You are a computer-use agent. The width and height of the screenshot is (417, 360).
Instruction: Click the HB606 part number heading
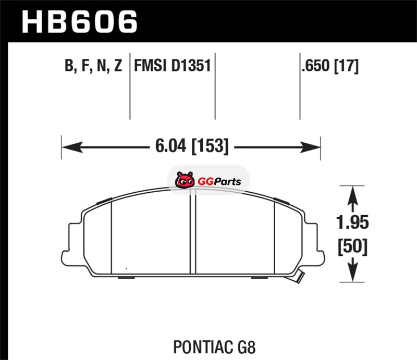pyautogui.click(x=79, y=22)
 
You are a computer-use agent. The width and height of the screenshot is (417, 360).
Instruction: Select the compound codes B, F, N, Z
pyautogui.click(x=93, y=66)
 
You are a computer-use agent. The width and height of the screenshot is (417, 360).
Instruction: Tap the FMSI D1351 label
pyautogui.click(x=173, y=66)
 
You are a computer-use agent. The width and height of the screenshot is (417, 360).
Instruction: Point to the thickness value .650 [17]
pyautogui.click(x=330, y=66)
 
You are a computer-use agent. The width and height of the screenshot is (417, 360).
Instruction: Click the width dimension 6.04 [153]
pyautogui.click(x=192, y=146)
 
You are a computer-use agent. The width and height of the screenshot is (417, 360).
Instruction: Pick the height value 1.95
pyautogui.click(x=353, y=222)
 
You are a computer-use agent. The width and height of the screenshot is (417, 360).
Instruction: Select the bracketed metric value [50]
pyautogui.click(x=353, y=247)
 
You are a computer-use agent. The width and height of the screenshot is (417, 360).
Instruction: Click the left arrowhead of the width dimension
pyautogui.click(x=72, y=147)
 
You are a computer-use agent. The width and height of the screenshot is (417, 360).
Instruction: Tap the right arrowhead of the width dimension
pyautogui.click(x=310, y=147)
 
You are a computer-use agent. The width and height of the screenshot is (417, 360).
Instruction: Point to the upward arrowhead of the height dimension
pyautogui.click(x=353, y=196)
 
